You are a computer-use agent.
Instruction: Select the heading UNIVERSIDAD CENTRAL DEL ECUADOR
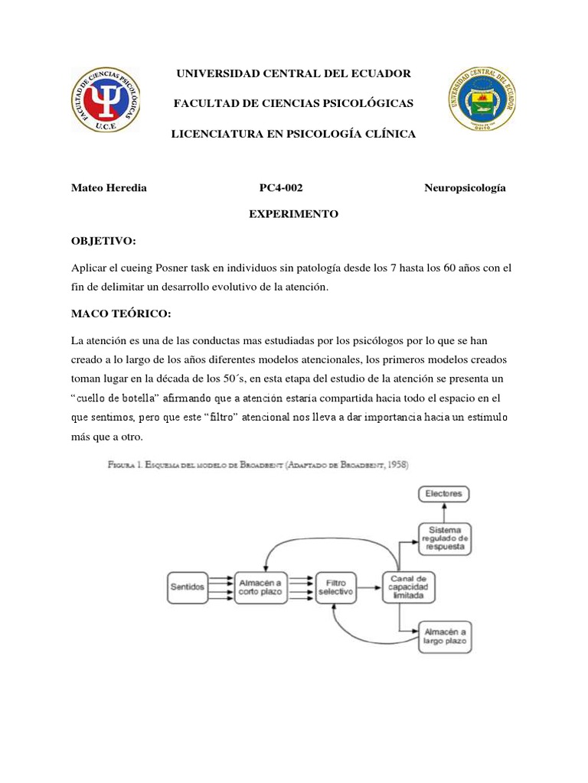pyautogui.click(x=294, y=73)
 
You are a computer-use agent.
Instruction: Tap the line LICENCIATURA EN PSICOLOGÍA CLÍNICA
pyautogui.click(x=294, y=134)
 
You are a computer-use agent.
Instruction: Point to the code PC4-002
pyautogui.click(x=286, y=188)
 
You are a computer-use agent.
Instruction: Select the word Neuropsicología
pyautogui.click(x=465, y=188)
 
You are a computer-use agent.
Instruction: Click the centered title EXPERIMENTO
pyautogui.click(x=293, y=215)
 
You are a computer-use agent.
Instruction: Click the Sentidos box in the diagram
pyautogui.click(x=187, y=587)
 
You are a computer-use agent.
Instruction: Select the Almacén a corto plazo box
pyautogui.click(x=262, y=587)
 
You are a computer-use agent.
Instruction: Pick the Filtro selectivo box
pyautogui.click(x=335, y=587)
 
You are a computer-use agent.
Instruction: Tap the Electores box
pyautogui.click(x=444, y=494)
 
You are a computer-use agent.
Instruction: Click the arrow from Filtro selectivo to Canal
pyautogui.click(x=369, y=587)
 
